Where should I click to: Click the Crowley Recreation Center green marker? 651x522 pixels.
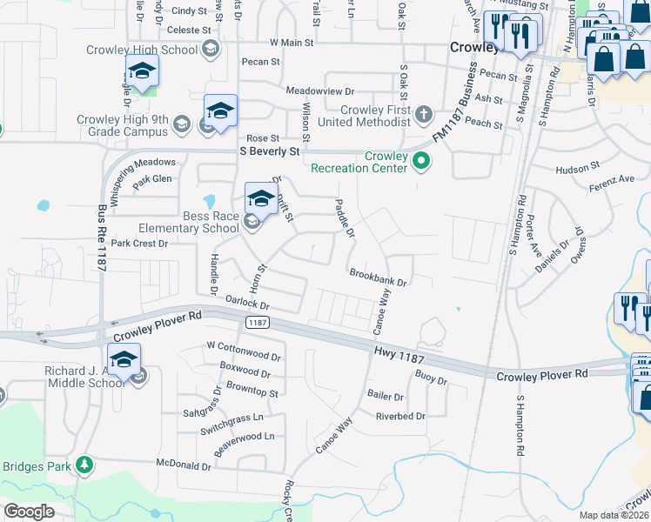(421, 161)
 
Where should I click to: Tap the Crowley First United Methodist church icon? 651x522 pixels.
(423, 115)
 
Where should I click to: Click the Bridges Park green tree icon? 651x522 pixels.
(84, 466)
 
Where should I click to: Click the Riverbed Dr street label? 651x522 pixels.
(399, 417)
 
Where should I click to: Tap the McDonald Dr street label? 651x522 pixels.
(183, 465)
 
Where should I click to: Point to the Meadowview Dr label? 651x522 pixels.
(320, 90)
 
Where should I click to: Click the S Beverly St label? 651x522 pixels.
(270, 151)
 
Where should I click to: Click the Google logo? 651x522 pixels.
(29, 511)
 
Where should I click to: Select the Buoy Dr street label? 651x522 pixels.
(431, 379)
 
